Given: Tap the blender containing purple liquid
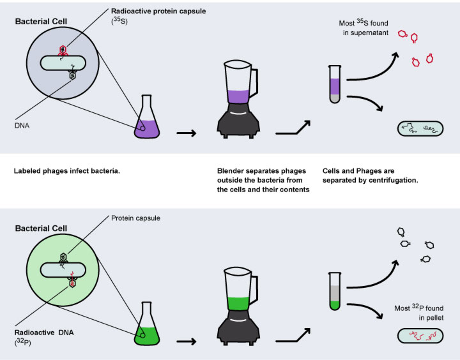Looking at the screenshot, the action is click(238, 99).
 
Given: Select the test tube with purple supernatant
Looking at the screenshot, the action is click(335, 84).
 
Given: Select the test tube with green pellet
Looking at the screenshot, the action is click(335, 291).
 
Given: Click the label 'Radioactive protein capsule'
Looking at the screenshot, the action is click(158, 11).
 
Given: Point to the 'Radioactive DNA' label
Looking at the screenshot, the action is click(44, 333).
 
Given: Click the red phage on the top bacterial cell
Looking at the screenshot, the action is click(63, 50).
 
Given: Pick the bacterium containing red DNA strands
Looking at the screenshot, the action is click(420, 335).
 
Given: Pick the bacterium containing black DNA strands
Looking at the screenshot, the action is click(420, 128).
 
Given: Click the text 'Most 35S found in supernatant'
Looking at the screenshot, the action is click(364, 27).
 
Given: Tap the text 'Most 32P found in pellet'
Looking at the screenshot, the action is click(419, 312).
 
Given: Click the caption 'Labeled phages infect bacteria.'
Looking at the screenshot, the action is click(67, 171).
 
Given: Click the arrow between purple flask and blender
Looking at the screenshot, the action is click(187, 133).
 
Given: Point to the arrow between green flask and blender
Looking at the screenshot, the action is click(187, 341).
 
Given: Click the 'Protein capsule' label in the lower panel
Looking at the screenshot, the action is click(135, 218).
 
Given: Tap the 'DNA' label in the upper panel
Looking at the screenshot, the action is click(22, 126).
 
